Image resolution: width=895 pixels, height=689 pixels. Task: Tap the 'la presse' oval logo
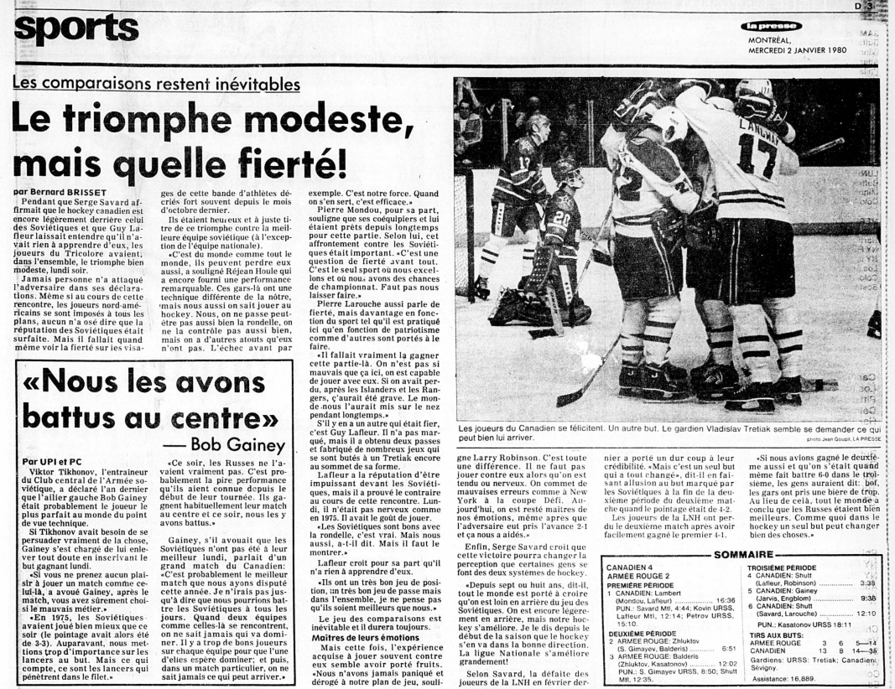tap(770, 27)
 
